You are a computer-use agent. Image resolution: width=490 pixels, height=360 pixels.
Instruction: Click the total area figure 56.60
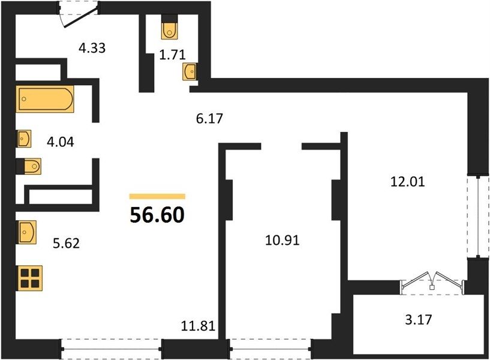pos(157,215)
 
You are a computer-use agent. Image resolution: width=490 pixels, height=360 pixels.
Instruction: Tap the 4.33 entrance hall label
pos(92,48)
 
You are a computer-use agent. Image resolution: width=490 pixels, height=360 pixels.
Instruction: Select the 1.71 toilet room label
pos(172,55)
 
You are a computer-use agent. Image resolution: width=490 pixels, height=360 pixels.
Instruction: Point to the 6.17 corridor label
pos(209,118)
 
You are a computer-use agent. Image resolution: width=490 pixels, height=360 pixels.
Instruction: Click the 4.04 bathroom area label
pos(61,142)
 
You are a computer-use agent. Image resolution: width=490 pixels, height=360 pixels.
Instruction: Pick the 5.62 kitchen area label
pos(66,243)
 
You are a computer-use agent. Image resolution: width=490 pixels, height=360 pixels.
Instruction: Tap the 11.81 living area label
pos(198,326)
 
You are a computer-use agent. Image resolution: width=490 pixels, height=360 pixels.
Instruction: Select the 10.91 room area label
pos(282,241)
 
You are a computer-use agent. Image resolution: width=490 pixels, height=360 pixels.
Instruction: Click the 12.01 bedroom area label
pos(408,182)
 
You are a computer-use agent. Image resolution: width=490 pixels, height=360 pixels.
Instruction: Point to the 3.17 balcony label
pos(419,320)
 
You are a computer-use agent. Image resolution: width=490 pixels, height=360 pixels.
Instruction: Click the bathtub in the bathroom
pos(45,99)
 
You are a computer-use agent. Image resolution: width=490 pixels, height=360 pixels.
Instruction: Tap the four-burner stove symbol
pos(30,278)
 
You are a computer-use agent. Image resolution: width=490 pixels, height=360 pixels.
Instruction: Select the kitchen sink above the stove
pos(26,232)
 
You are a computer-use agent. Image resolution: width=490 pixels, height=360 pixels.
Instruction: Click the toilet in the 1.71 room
pos(169,27)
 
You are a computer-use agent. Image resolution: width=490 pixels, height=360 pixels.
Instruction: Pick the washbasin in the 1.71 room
pos(190,71)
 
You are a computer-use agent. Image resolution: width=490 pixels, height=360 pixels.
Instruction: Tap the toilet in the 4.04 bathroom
pos(29,166)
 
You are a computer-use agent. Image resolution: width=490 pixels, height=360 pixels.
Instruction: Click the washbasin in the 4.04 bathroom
pos(24,139)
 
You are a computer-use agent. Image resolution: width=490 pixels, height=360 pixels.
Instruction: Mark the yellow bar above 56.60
pos(158,196)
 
